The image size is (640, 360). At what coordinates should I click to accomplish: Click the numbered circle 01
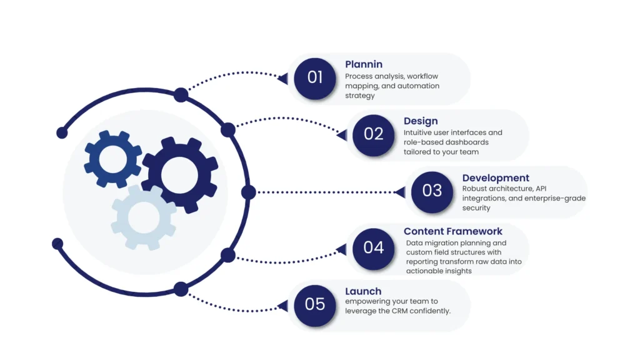[x=315, y=77]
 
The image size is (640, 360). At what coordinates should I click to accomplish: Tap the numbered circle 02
[x=373, y=134]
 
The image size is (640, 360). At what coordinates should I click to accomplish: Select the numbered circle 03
[x=432, y=190]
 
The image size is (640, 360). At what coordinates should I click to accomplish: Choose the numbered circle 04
[x=373, y=247]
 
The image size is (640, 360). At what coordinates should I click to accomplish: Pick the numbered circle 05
[x=315, y=304]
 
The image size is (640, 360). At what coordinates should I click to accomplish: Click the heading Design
[x=421, y=121]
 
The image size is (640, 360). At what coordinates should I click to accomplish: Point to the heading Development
[x=496, y=178]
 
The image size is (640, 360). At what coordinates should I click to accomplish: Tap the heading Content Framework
[x=453, y=231]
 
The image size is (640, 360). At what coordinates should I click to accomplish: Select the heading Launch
[x=363, y=291]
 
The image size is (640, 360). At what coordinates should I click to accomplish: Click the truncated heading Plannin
[x=364, y=64]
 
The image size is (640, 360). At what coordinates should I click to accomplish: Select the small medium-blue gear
[x=113, y=159]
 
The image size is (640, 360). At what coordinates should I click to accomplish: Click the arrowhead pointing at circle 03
[x=401, y=192]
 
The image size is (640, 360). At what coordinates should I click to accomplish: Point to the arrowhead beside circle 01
[x=283, y=79]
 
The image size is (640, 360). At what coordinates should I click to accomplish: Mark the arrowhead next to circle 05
[x=283, y=306]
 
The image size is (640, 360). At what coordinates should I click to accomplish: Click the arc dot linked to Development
[x=248, y=192]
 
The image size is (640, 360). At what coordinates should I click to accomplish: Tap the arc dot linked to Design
[x=228, y=130]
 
